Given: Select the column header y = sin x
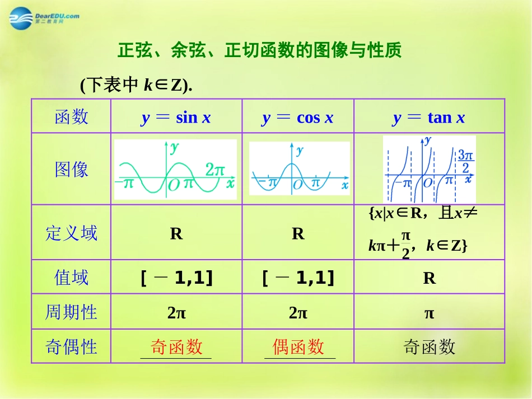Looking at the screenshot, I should [x=176, y=118].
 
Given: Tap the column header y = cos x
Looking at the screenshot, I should [x=297, y=118].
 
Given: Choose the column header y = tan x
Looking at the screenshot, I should [x=429, y=118].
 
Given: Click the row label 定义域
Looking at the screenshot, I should [x=71, y=233].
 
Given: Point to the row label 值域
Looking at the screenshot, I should [x=71, y=278].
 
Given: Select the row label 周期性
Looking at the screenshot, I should [x=71, y=312].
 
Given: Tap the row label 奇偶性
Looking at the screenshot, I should [x=71, y=347].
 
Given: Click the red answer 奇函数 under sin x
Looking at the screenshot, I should [x=176, y=347].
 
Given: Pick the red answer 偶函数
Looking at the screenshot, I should [x=298, y=347].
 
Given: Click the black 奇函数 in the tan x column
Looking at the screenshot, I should [x=429, y=348].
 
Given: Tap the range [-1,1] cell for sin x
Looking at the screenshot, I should [x=176, y=278].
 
